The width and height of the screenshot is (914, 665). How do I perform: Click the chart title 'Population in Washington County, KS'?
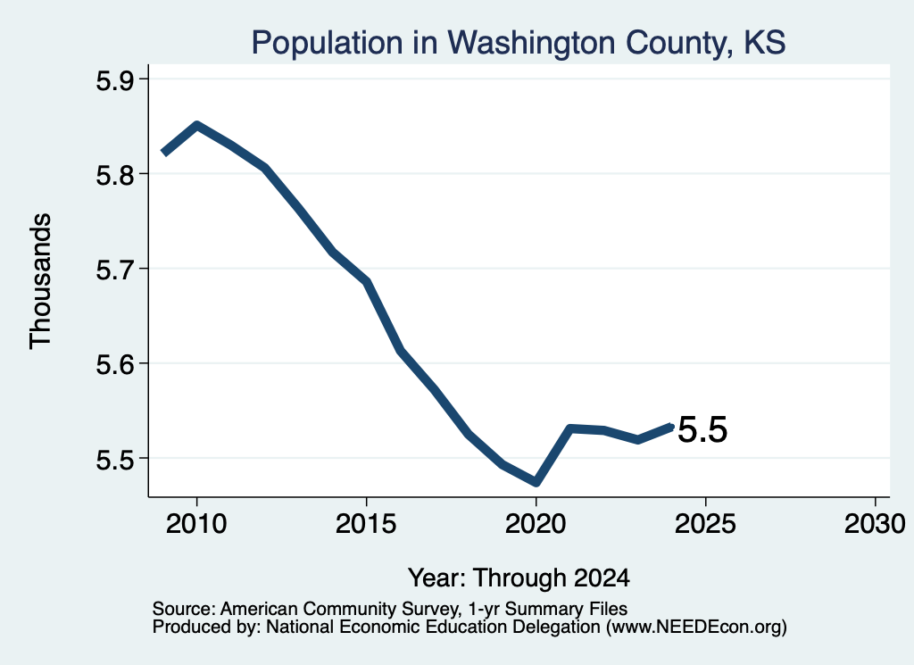pyautogui.click(x=519, y=43)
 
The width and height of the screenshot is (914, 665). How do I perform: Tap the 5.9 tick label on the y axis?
pyautogui.click(x=114, y=79)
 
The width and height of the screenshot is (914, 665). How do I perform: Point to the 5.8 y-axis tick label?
pyautogui.click(x=114, y=174)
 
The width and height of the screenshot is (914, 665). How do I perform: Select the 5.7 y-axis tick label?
pyautogui.click(x=114, y=270)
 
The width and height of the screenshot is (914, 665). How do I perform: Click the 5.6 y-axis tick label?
pyautogui.click(x=114, y=364)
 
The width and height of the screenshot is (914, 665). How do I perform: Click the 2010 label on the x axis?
pyautogui.click(x=196, y=524)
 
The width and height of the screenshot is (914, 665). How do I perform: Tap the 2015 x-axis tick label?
pyautogui.click(x=366, y=524)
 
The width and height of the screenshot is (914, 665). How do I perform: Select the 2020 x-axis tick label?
pyautogui.click(x=536, y=524)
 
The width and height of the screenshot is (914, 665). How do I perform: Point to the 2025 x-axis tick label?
pyautogui.click(x=705, y=524)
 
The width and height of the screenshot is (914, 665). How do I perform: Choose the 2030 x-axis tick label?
pyautogui.click(x=875, y=524)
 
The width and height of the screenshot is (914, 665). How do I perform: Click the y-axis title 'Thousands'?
pyautogui.click(x=41, y=281)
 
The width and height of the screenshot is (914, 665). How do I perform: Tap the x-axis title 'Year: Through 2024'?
pyautogui.click(x=519, y=578)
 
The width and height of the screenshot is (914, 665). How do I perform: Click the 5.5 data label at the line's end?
pyautogui.click(x=702, y=430)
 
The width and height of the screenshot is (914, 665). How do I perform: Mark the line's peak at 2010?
pyautogui.click(x=197, y=125)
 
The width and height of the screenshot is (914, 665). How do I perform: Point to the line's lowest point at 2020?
pyautogui.click(x=536, y=483)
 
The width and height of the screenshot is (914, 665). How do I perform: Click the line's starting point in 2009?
pyautogui.click(x=164, y=153)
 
